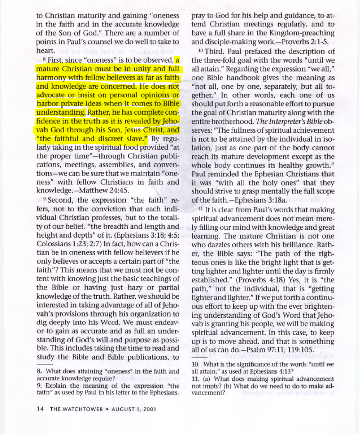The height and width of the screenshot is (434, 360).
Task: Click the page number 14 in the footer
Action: click(40, 409)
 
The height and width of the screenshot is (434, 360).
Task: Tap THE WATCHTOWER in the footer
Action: click(74, 409)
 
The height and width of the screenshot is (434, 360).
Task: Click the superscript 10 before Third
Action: click(200, 50)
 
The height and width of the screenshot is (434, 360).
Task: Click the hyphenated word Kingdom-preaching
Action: click(301, 32)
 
